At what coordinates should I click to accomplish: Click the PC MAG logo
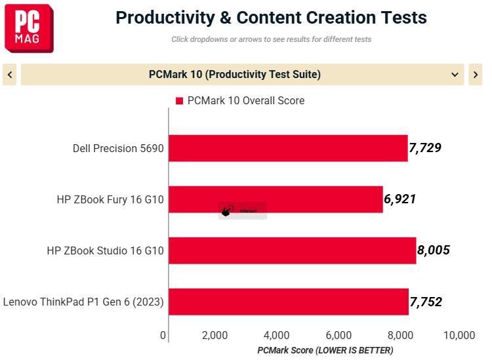(29, 28)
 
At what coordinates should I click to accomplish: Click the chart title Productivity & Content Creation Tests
(271, 18)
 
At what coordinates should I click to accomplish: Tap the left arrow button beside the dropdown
(10, 75)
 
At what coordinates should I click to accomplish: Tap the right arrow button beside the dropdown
(476, 75)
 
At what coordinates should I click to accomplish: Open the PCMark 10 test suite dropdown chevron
(455, 75)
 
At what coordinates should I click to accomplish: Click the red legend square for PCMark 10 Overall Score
(179, 101)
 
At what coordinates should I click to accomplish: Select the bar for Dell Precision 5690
(288, 148)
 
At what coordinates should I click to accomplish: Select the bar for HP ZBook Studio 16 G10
(293, 250)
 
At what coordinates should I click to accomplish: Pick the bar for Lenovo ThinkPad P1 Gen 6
(289, 302)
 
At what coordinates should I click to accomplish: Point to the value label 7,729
(425, 148)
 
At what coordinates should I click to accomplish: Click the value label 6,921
(400, 199)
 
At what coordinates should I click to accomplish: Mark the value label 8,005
(434, 250)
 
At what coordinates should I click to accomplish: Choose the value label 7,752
(426, 302)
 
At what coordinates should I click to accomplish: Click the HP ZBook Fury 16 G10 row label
(110, 199)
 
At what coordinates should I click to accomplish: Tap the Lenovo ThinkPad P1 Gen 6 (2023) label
(83, 302)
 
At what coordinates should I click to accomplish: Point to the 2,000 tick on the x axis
(215, 335)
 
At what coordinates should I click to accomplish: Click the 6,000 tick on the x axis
(338, 335)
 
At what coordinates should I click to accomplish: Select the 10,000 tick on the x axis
(459, 335)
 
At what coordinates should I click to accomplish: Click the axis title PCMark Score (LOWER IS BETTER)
(325, 350)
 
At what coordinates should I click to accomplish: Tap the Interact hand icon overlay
(228, 210)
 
